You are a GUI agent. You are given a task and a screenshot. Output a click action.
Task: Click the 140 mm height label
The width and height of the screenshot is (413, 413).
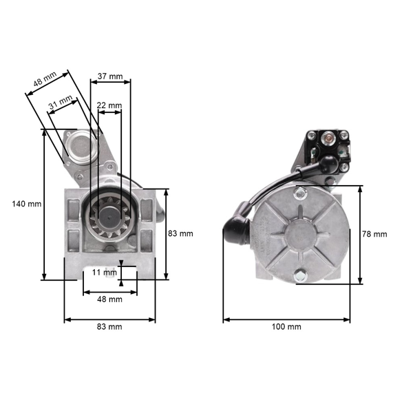(x=26, y=204)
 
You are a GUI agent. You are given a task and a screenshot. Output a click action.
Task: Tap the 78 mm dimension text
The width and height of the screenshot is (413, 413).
(x=374, y=234)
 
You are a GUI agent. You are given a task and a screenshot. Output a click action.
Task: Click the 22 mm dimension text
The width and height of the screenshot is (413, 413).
(x=109, y=105)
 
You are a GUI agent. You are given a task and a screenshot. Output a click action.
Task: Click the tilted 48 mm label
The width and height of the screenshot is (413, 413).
(x=44, y=82)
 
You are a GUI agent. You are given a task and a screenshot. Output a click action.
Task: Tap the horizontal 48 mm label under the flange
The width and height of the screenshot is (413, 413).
(x=109, y=299)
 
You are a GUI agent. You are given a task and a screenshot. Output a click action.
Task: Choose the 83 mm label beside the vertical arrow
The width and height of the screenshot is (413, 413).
(x=180, y=234)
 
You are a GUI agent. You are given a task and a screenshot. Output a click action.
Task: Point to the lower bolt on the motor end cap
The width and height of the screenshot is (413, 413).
(x=300, y=277)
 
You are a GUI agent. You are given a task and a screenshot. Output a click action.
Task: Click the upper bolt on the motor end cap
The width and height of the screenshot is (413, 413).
(x=300, y=192)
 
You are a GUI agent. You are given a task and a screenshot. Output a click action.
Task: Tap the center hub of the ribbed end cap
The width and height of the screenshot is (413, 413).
(x=300, y=235)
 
